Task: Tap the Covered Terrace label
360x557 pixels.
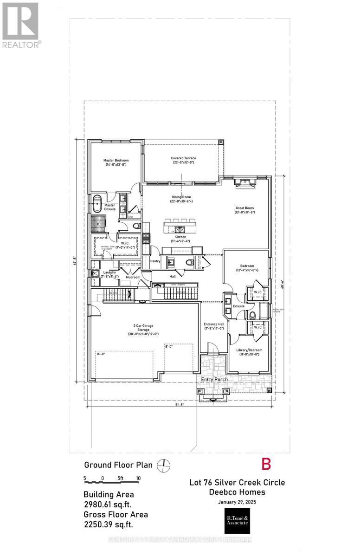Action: click(182, 158)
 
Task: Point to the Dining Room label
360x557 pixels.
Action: click(182, 197)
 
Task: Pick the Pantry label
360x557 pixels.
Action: click(155, 261)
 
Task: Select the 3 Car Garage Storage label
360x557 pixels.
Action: click(143, 330)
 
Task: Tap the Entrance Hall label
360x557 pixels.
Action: click(214, 324)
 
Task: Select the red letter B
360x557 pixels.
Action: click(266, 464)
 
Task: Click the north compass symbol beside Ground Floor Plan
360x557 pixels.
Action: click(162, 465)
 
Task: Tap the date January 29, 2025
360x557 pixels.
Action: click(237, 502)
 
